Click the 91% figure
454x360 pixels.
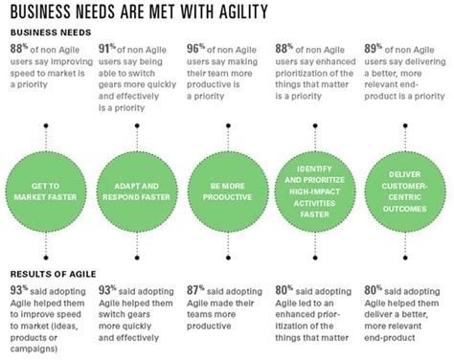pyautogui.click(x=104, y=47)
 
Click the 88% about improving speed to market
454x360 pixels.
pyautogui.click(x=16, y=47)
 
